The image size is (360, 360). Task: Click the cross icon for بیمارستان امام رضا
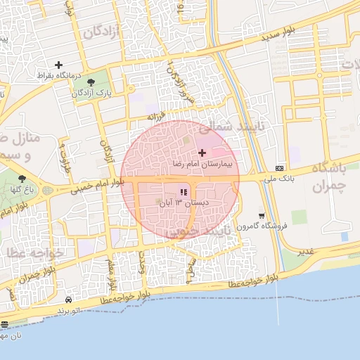coord(202,153)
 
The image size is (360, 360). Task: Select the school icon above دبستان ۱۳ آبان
coord(184,191)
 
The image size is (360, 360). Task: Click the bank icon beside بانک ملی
coord(281,168)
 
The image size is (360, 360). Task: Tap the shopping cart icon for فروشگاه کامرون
coord(262,216)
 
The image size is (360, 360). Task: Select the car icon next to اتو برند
coord(67,299)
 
